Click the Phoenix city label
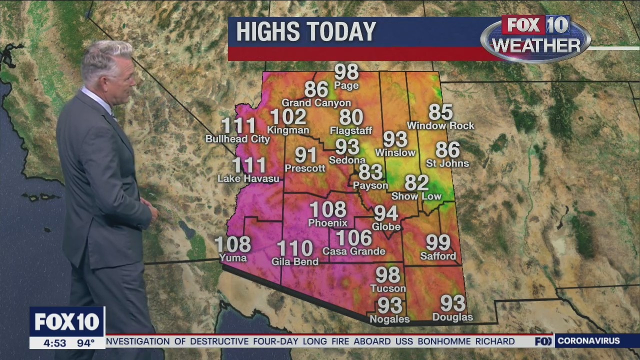[327, 223]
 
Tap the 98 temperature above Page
[346, 72]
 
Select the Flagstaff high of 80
[351, 117]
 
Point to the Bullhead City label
[237, 139]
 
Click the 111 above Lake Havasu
[249, 165]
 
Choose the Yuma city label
[233, 258]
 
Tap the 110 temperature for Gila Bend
[295, 248]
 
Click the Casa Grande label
[354, 251]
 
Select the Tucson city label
[388, 288]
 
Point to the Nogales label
[389, 319]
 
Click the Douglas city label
[452, 317]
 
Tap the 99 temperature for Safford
[438, 243]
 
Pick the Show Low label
[416, 196]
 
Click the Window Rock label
[440, 125]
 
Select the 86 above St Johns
[447, 150]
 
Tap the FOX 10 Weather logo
[535, 38]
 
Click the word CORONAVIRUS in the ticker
[588, 341]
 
